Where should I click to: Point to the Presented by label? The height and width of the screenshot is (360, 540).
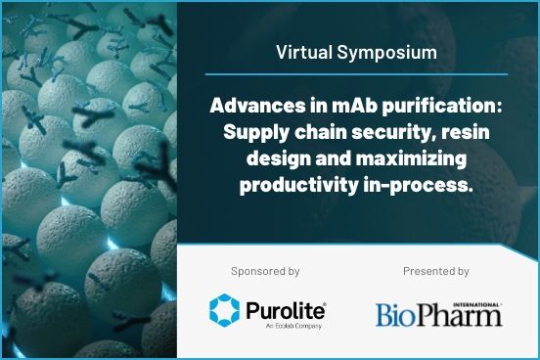436,271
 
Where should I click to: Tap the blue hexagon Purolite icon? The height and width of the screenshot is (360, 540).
225,309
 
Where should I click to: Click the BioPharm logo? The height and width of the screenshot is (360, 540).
438,313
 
